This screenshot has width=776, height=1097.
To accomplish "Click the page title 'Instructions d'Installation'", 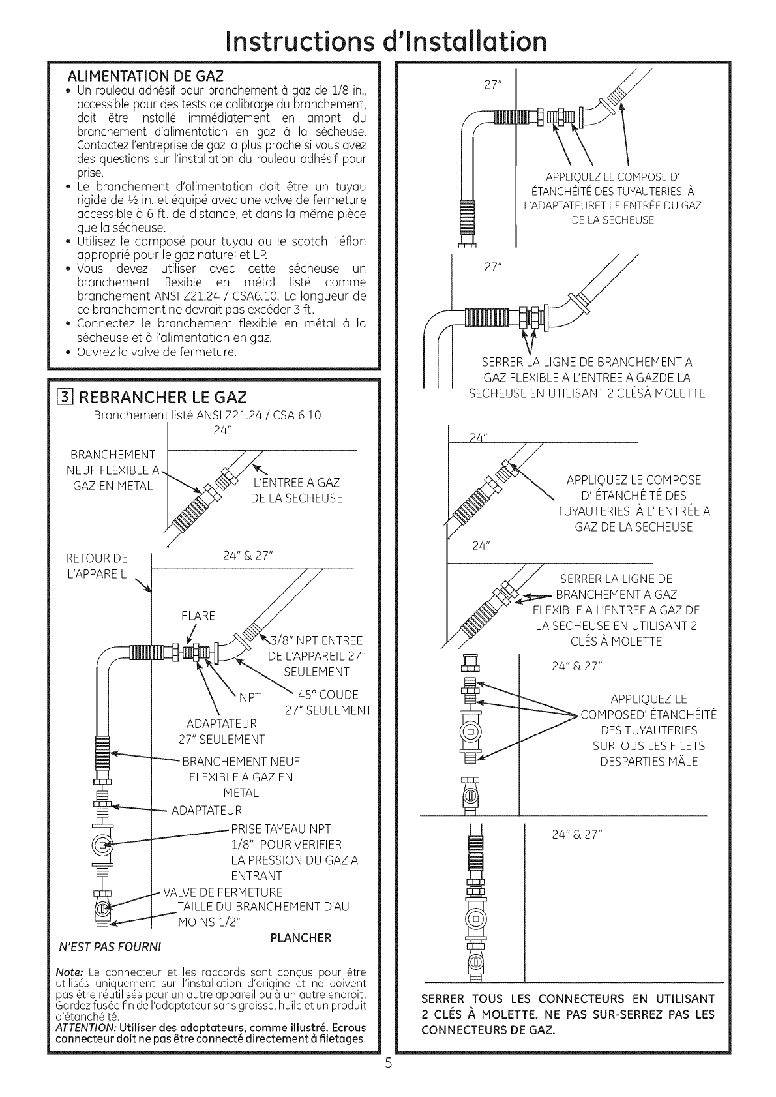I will [388, 41].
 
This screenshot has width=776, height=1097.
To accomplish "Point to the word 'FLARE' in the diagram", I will [198, 616].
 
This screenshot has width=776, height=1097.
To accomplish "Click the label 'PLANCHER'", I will [301, 938].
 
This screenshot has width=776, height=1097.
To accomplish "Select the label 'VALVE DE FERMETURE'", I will [222, 892].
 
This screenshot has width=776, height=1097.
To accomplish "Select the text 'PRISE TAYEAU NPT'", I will [281, 829].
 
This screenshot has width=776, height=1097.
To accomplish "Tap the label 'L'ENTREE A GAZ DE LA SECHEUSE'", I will [296, 490].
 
